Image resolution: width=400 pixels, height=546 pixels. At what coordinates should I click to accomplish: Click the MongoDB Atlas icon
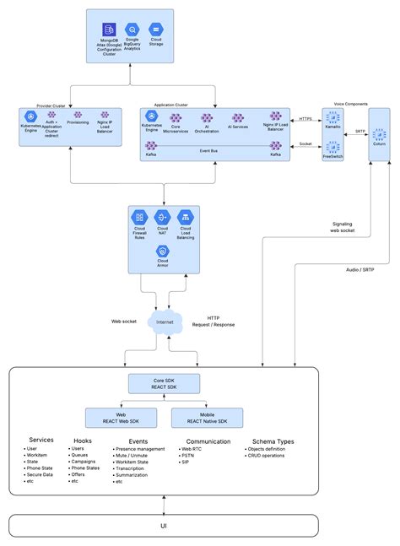(109, 30)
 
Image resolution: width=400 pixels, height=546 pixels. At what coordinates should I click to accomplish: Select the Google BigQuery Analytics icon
(132, 30)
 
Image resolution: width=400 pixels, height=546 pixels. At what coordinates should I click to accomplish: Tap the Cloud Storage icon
(156, 30)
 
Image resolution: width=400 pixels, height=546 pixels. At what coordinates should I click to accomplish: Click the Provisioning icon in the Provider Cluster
(77, 114)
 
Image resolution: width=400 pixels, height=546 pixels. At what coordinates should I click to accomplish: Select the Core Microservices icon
(176, 119)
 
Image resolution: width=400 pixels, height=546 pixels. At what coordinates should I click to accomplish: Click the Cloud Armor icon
(162, 251)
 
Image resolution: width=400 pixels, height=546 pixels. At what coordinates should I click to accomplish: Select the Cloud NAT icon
(162, 219)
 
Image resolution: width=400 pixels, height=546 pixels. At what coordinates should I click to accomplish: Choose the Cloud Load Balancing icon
(185, 219)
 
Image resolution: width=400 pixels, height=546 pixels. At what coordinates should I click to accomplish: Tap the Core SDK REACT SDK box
(164, 384)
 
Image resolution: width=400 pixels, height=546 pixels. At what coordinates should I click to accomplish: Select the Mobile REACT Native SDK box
(206, 417)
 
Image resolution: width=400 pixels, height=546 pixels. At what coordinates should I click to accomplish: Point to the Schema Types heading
(273, 441)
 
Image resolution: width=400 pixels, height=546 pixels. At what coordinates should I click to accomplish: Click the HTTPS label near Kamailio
(306, 119)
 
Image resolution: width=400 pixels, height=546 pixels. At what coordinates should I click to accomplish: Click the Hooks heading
(83, 441)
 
